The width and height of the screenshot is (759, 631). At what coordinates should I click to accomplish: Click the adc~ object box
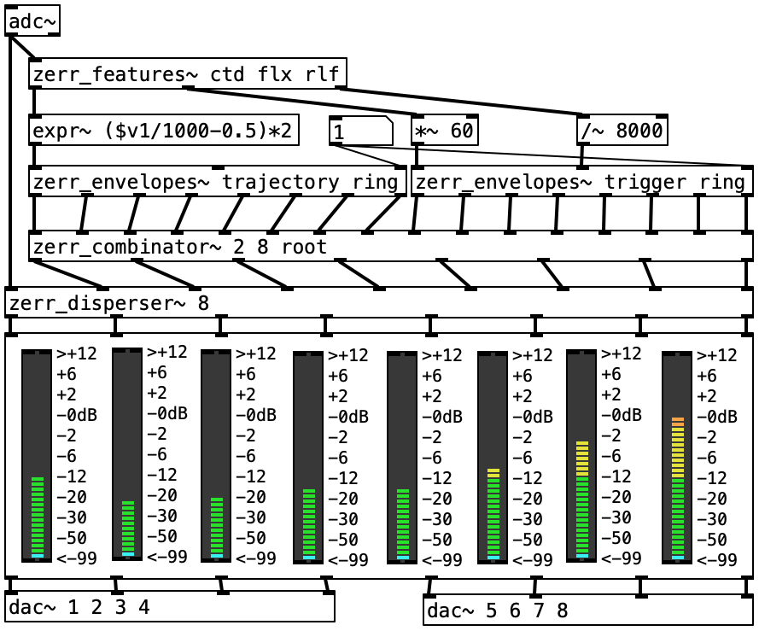coord(32,22)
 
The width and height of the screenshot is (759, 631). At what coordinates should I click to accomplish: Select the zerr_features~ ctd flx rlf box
coord(188,74)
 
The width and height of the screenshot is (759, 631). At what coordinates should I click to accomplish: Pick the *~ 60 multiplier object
coord(444,131)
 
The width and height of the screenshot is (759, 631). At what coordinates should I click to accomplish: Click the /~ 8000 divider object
coord(622,131)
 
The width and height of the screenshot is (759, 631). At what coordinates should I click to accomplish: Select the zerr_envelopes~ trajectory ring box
coord(217,182)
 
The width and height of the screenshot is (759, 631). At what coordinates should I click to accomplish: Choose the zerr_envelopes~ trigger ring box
coord(581,182)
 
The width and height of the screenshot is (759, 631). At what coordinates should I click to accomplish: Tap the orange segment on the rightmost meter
coord(678,421)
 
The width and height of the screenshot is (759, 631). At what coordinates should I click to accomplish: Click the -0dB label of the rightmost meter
coord(716,417)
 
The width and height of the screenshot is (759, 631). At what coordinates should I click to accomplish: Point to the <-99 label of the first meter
coord(76,558)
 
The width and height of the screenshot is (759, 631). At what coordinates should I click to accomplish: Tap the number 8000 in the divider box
coord(633,131)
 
